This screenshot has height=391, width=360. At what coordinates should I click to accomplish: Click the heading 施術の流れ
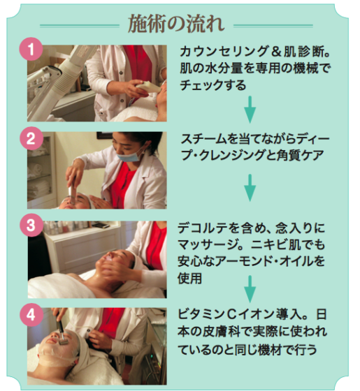click(x=176, y=24)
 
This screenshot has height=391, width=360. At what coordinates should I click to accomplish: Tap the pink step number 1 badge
click(x=31, y=49)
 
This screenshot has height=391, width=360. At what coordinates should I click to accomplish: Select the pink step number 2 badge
click(x=31, y=138)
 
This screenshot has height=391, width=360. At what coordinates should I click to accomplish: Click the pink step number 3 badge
click(x=31, y=225)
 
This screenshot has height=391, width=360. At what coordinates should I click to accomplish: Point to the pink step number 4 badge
click(x=31, y=315)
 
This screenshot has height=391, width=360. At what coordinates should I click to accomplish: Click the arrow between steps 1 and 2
click(x=250, y=110)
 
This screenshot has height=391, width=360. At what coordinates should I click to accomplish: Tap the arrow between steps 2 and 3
click(x=250, y=188)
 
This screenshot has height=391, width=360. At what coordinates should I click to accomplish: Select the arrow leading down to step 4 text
click(x=250, y=289)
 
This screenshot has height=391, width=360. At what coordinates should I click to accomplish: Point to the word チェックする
click(x=213, y=85)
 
